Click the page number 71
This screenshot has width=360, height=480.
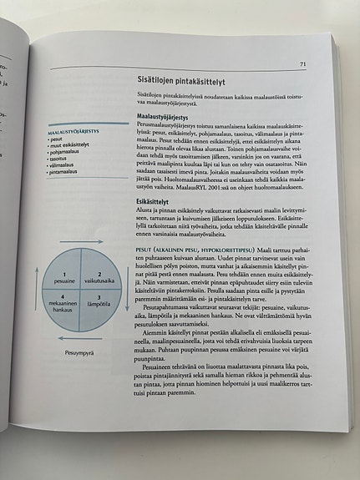[x=302, y=63]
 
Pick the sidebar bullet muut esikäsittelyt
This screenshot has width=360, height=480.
[x=71, y=144]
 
